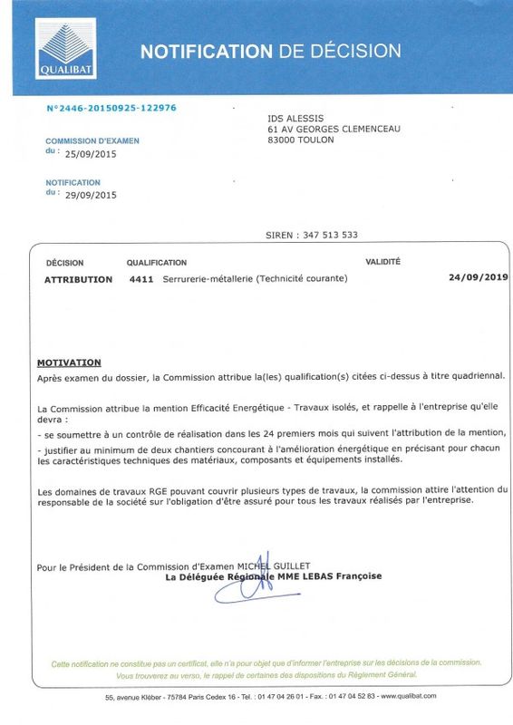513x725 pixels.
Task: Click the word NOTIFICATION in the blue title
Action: (x=206, y=51)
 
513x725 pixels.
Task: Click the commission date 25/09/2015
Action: (x=90, y=154)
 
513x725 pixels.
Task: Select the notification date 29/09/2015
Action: (x=90, y=195)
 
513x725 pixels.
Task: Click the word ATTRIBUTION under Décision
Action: (x=79, y=280)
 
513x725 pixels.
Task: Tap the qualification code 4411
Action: (x=140, y=280)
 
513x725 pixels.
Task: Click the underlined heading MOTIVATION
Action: (x=69, y=362)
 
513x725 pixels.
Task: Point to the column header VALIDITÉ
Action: (x=382, y=262)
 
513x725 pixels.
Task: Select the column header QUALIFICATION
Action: (x=157, y=263)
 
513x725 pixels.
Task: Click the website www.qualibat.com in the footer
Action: (x=409, y=696)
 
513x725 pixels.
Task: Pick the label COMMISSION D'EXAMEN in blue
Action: (x=92, y=141)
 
